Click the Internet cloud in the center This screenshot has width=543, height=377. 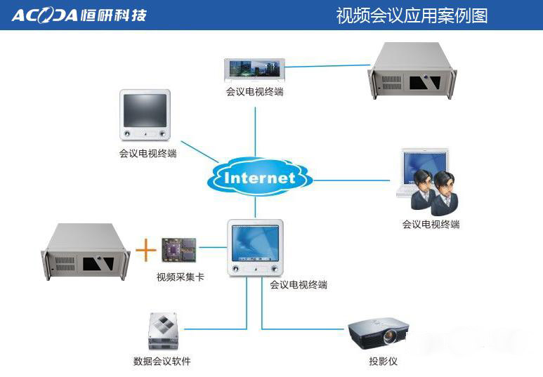259,177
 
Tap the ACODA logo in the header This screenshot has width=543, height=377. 79,15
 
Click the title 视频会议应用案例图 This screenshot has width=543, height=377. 412,15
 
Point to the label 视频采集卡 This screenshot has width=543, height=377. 181,277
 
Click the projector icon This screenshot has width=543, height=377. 378,332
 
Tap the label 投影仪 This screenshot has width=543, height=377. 383,362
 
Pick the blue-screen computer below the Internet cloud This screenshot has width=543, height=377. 255,249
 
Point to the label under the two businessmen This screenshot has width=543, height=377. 431,225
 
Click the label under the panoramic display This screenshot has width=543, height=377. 254,92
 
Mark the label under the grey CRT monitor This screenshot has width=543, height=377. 148,153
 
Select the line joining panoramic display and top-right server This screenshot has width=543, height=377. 327,67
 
